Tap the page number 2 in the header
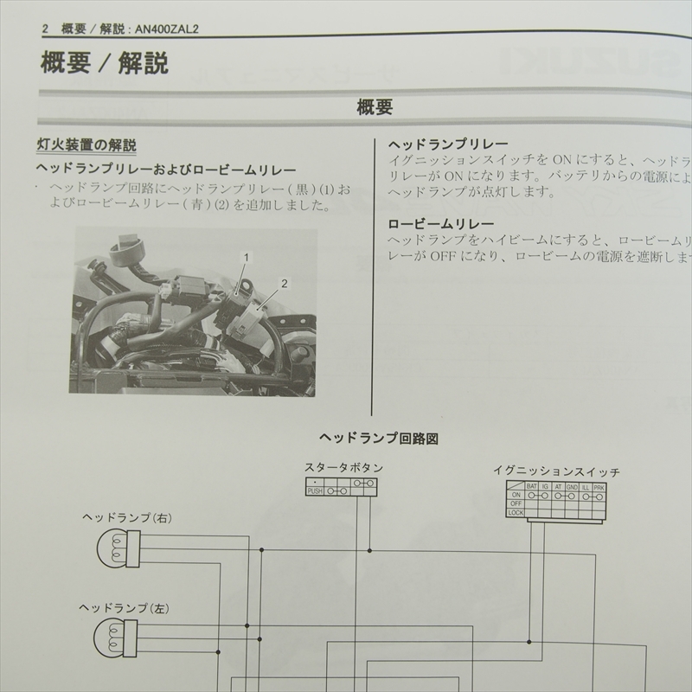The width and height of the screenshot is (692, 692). (45, 29)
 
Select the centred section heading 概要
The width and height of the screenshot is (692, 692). (375, 108)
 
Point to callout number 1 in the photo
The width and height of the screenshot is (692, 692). (247, 258)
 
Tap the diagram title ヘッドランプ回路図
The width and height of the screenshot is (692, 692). (378, 439)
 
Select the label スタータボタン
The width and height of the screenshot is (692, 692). (343, 468)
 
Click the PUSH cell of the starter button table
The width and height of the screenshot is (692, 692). (315, 490)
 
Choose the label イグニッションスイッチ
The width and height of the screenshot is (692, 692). (556, 471)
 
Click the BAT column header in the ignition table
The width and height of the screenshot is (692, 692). (531, 487)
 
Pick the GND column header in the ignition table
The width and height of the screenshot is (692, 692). (572, 487)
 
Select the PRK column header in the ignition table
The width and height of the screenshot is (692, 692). (599, 487)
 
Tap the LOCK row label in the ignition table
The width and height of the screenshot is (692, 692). (516, 513)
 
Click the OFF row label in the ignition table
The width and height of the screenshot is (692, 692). (516, 504)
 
